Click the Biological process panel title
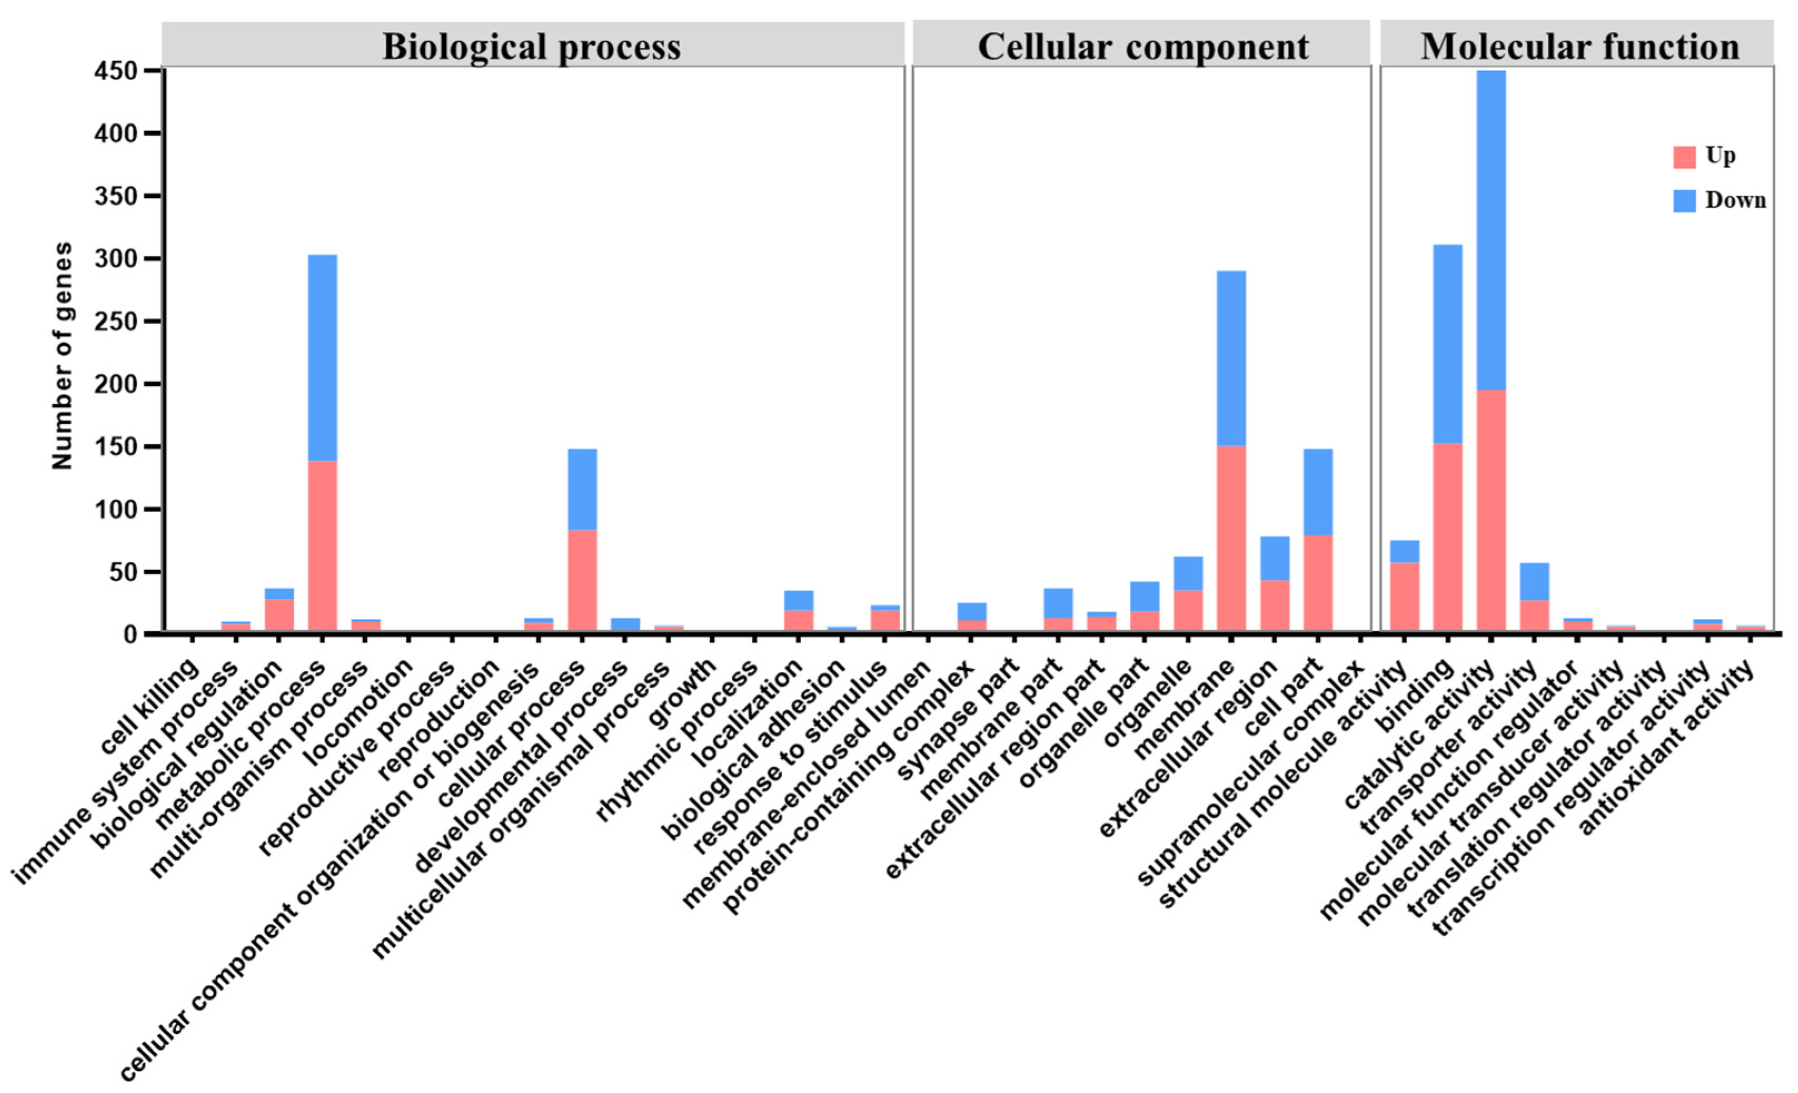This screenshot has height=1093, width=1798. [532, 47]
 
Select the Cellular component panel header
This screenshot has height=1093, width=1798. [1143, 47]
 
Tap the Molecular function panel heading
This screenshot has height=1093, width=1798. [1580, 47]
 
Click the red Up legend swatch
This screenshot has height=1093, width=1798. [1684, 157]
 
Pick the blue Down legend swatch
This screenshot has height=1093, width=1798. [1684, 201]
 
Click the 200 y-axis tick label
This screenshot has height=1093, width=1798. [116, 385]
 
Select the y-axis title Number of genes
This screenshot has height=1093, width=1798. [63, 355]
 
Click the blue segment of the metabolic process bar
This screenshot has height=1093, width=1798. [322, 357]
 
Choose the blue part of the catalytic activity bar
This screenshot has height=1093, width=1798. [1491, 230]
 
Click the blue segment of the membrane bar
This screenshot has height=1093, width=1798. [1231, 358]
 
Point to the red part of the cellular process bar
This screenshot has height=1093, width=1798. [582, 580]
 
